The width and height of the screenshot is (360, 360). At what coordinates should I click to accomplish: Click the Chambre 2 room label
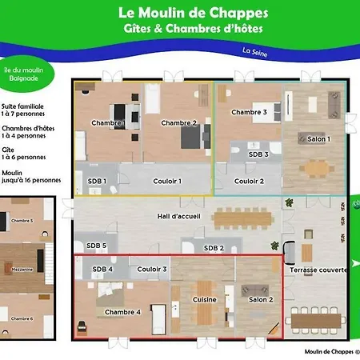[x=178, y=123]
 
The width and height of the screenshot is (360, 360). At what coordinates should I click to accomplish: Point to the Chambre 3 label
[x=249, y=113]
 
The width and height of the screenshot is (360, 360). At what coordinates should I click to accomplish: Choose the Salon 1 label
[x=318, y=139]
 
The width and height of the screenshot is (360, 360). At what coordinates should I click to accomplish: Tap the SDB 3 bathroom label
[x=258, y=154]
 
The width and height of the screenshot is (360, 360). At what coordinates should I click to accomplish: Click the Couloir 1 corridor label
[x=167, y=182]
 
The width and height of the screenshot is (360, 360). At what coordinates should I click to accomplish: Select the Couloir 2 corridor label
[x=249, y=182]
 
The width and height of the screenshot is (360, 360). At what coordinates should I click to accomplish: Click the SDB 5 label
[x=96, y=246]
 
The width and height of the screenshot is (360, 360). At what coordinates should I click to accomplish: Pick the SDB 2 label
[x=213, y=248]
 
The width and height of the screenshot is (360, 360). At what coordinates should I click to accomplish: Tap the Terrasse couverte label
[x=318, y=270]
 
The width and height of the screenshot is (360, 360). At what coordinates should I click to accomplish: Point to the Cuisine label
[x=204, y=299]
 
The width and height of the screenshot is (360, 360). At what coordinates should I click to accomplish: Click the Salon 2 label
[x=261, y=299]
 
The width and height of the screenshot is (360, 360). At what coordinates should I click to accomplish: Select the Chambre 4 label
[x=122, y=312]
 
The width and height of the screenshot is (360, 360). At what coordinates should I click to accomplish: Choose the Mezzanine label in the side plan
[x=22, y=270]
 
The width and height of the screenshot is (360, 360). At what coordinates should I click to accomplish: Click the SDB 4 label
[x=102, y=270]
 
